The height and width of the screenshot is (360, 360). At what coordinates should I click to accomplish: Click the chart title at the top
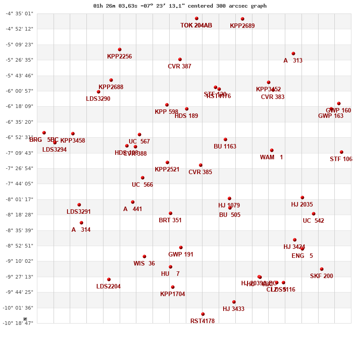pyautogui.click(x=180, y=6)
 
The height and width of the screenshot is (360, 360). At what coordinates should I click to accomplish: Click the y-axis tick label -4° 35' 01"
pyautogui.click(x=19, y=13)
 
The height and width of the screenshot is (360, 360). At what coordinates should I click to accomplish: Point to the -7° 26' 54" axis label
pyautogui.click(x=19, y=168)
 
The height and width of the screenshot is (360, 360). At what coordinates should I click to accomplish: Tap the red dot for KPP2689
pyautogui.click(x=243, y=19)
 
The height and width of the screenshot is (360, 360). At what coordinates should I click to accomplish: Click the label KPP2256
pyautogui.click(x=119, y=57)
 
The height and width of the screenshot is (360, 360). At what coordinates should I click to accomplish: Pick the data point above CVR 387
pyautogui.click(x=180, y=59)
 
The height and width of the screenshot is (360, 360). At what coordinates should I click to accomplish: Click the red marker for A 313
pyautogui.click(x=293, y=54)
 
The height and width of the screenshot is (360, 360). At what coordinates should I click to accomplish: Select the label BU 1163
pyautogui.click(x=225, y=147)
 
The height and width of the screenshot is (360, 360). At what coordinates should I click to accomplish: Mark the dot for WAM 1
pyautogui.click(x=272, y=150)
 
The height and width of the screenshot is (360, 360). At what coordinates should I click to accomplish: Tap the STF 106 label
pyautogui.click(x=341, y=159)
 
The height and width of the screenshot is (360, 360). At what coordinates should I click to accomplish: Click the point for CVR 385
pyautogui.click(x=201, y=165)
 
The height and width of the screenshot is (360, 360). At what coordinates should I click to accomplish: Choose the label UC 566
pyautogui.click(x=142, y=185)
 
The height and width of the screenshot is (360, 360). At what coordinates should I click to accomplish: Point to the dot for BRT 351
pyautogui.click(x=171, y=213)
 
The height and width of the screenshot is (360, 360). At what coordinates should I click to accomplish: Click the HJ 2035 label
pyautogui.click(x=302, y=205)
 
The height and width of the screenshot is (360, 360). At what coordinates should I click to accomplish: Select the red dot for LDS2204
pyautogui.click(x=109, y=279)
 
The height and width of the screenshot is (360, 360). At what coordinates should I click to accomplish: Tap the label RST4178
pyautogui.click(x=202, y=321)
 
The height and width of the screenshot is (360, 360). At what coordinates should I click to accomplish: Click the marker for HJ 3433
pyautogui.click(x=234, y=302)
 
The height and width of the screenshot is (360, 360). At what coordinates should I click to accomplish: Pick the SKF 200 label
pyautogui.click(x=321, y=276)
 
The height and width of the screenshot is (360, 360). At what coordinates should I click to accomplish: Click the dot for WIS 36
pyautogui.click(x=144, y=256)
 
